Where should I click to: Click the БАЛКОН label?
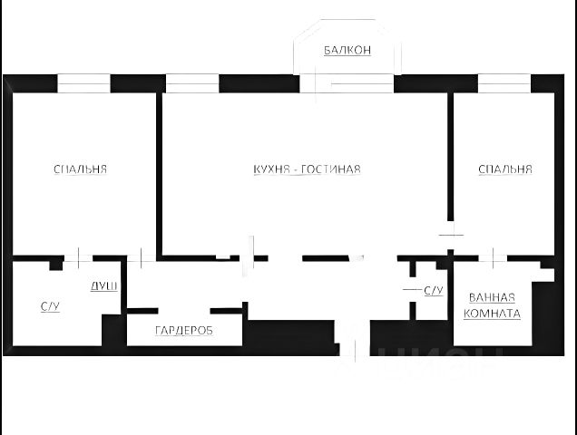(x=347, y=51)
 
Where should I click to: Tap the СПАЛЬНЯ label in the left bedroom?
(x=81, y=169)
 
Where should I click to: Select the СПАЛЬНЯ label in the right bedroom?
(x=505, y=169)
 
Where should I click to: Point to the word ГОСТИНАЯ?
(x=332, y=169)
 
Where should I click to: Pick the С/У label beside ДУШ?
(x=50, y=307)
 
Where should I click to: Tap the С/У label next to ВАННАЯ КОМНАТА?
(x=433, y=291)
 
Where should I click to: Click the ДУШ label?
(x=103, y=286)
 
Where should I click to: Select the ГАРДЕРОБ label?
(x=184, y=331)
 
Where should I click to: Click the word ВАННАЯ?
(x=492, y=297)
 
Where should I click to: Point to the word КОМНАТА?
(x=492, y=314)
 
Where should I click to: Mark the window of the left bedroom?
(x=83, y=84)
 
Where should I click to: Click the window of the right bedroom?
(x=504, y=84)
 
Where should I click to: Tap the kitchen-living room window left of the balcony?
(x=192, y=84)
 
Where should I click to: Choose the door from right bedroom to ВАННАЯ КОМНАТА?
(x=493, y=258)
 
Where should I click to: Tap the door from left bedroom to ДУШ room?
(x=79, y=258)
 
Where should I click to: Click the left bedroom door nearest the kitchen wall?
(x=141, y=258)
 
